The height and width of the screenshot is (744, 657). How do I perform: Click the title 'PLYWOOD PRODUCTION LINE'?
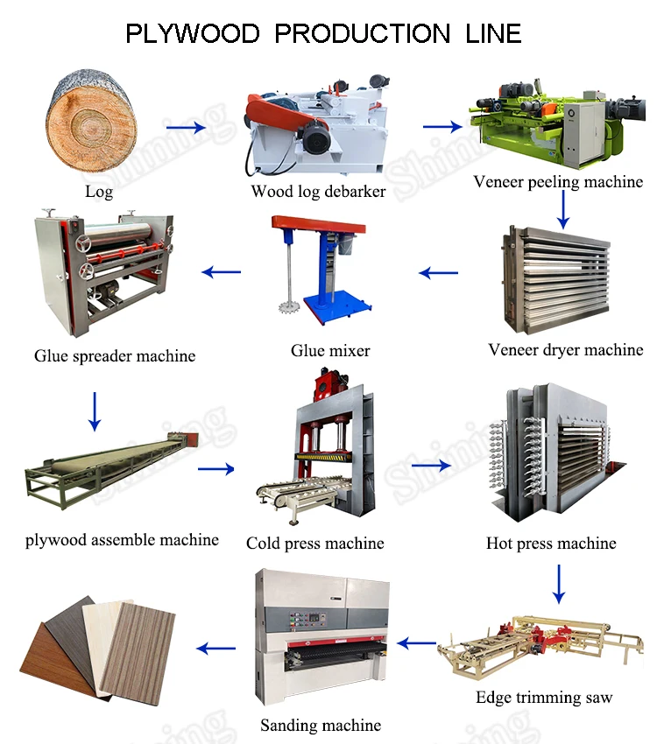click(323, 33)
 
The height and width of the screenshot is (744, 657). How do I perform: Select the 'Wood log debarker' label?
click(318, 191)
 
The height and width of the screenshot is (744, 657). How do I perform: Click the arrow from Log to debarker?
click(185, 128)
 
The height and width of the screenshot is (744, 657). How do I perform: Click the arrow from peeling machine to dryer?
click(564, 208)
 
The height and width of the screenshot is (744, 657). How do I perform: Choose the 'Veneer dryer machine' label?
click(565, 350)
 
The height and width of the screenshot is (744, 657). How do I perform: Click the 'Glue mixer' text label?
click(330, 351)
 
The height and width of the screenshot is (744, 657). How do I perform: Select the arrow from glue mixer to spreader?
click(221, 272)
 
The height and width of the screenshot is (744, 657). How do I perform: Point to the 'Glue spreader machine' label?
click(115, 356)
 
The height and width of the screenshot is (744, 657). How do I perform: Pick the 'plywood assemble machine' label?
click(122, 540)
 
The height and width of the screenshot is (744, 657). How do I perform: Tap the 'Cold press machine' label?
click(314, 544)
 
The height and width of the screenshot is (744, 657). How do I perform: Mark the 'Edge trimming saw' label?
click(544, 698)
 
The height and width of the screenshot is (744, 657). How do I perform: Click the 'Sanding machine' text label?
click(321, 726)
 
